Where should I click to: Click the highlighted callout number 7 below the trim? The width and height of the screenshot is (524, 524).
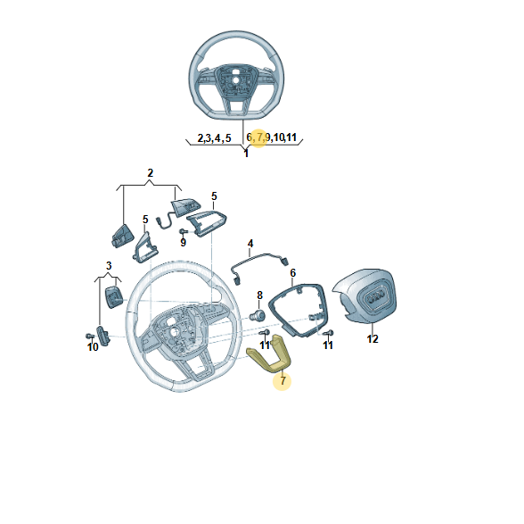(x=282, y=380)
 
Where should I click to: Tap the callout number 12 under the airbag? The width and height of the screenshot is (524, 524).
(x=373, y=339)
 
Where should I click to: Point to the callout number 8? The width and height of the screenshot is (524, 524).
(x=259, y=295)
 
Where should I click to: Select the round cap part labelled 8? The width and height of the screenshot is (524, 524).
(x=258, y=315)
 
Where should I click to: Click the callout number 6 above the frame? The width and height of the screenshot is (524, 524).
(x=292, y=273)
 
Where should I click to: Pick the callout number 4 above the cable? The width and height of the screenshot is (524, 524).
(x=250, y=244)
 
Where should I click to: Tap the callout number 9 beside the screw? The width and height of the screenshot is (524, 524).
(x=183, y=242)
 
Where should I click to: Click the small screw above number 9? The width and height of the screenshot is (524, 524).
(x=184, y=231)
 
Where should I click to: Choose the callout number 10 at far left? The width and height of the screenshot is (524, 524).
(x=93, y=347)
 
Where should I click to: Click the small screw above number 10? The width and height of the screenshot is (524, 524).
(x=89, y=336)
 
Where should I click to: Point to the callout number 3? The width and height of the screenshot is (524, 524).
(x=109, y=265)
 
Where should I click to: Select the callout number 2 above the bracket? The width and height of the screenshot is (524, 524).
(x=150, y=173)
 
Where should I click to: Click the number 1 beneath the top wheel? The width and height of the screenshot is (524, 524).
(x=246, y=154)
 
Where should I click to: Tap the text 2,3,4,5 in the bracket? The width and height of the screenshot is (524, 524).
(x=214, y=137)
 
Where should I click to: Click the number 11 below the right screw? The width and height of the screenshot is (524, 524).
(x=328, y=345)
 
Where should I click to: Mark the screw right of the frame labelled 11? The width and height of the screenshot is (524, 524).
(x=329, y=333)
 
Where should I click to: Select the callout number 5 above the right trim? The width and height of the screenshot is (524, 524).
(x=214, y=195)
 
